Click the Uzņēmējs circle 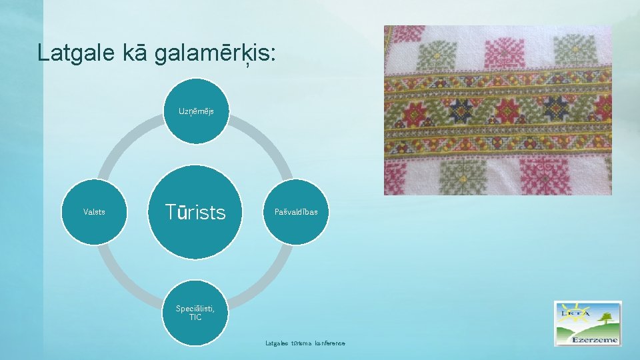(x=196, y=111)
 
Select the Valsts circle (x=94, y=212)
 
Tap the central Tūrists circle (x=195, y=212)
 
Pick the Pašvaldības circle (x=297, y=212)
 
